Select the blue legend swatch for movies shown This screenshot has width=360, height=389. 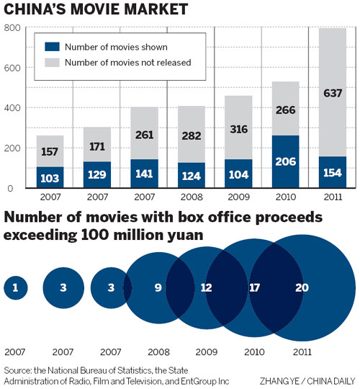tap(53, 47)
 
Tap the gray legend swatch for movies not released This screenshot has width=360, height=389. tap(53, 63)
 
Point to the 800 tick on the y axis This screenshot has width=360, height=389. tap(12, 28)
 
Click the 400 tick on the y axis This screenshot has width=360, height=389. tap(12, 108)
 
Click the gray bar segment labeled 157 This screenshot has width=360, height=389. tap(50, 151)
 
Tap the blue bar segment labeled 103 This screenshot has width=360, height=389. tap(50, 177)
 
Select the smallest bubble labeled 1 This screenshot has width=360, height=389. tap(15, 288)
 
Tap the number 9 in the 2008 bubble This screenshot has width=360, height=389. tap(157, 287)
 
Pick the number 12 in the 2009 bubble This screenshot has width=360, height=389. tap(207, 287)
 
